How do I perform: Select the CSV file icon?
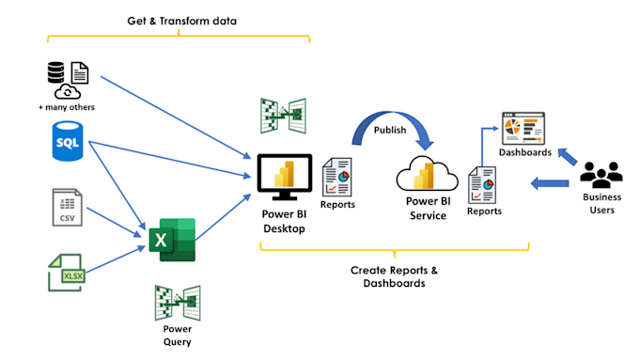(x=67, y=207)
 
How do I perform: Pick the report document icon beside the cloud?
(x=483, y=183)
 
